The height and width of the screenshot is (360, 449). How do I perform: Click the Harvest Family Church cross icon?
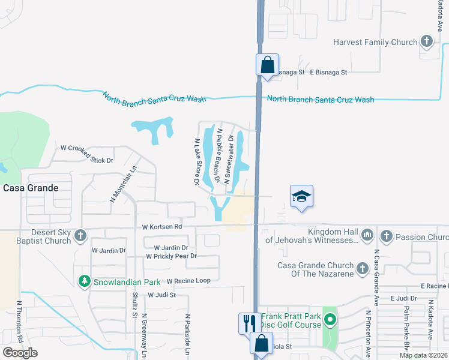426,42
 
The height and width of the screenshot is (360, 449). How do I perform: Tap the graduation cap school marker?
301,196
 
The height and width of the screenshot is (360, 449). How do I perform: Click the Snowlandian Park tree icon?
85,281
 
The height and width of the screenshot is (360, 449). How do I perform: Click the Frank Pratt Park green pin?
330,319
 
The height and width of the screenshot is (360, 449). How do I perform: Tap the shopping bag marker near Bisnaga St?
267,64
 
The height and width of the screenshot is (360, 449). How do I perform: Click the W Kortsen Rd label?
161,227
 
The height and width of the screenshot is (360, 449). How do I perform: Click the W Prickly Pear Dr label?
171,256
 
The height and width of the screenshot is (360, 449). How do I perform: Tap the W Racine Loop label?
188,281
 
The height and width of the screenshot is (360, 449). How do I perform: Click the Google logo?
20,353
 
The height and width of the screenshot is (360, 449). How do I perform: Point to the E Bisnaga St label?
328,72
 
